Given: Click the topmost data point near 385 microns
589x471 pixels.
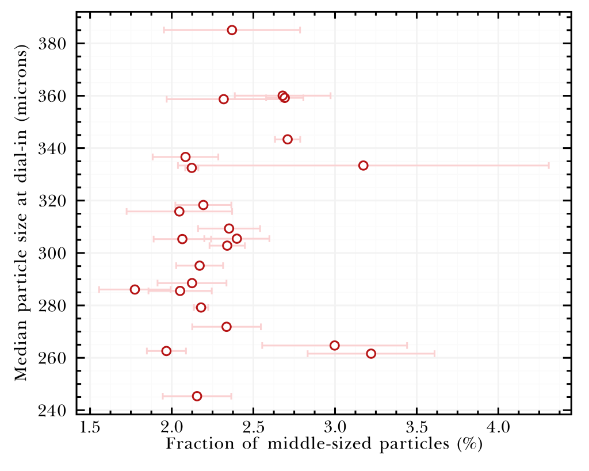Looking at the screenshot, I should click(x=232, y=30).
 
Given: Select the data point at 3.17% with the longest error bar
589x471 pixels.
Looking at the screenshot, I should click(x=363, y=166).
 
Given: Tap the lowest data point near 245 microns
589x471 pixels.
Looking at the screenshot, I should click(x=197, y=396).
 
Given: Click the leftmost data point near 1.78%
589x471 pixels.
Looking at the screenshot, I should click(x=135, y=289).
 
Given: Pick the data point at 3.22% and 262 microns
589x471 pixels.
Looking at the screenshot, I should click(x=371, y=354).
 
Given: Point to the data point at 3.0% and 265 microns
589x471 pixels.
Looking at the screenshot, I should click(x=335, y=346).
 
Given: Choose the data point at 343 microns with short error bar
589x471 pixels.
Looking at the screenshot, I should click(x=288, y=139).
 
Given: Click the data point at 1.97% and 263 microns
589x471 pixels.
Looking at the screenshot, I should click(x=166, y=351).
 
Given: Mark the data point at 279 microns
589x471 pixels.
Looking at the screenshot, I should click(x=201, y=308).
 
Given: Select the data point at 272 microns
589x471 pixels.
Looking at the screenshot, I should click(x=227, y=327).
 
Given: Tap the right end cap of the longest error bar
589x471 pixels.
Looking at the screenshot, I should click(x=549, y=166).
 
